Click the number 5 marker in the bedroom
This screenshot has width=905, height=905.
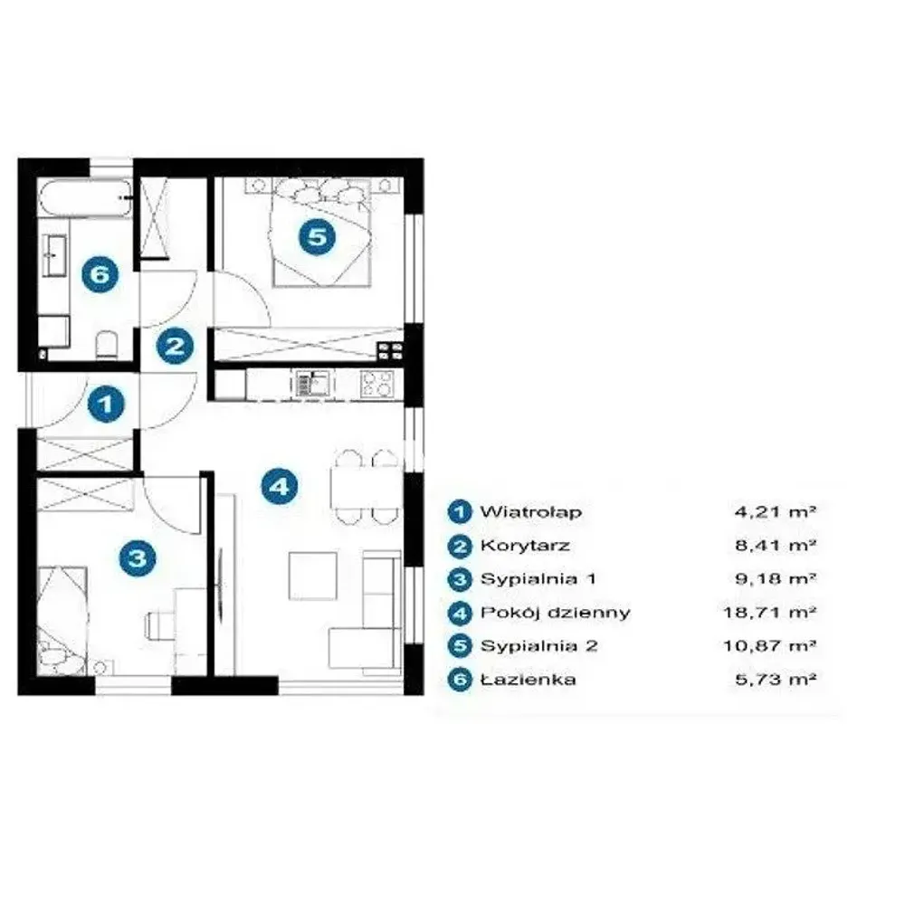[317, 236]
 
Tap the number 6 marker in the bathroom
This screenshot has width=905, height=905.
[100, 273]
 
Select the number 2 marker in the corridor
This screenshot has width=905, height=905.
[175, 346]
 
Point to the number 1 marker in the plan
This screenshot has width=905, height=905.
[106, 404]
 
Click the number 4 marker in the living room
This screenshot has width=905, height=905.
[280, 486]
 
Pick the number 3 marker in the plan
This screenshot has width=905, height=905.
[138, 558]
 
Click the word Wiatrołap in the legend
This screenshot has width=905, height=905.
[531, 512]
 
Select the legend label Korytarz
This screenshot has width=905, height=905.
[525, 546]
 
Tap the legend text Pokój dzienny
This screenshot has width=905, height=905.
[556, 613]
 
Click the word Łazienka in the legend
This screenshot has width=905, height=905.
[529, 680]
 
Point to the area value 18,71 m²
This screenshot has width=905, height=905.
[770, 612]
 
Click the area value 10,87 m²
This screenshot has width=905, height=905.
[770, 645]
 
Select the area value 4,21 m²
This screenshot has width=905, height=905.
[776, 511]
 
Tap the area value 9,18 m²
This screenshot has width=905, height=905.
[776, 578]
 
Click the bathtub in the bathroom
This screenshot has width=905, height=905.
[85, 198]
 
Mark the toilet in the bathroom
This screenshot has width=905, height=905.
[106, 344]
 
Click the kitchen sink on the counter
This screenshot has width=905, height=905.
[312, 383]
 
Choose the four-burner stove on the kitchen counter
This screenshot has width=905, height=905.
[377, 383]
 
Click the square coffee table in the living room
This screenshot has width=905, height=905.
[313, 576]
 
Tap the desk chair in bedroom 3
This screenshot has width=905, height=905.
[159, 625]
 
